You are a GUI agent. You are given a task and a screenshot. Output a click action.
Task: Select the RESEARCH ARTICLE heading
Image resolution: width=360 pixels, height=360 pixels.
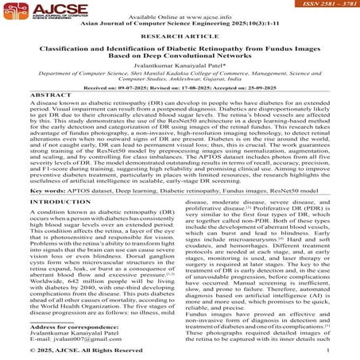[180, 37]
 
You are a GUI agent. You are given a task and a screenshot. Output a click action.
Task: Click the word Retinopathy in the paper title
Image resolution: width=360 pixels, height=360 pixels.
[215, 50]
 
